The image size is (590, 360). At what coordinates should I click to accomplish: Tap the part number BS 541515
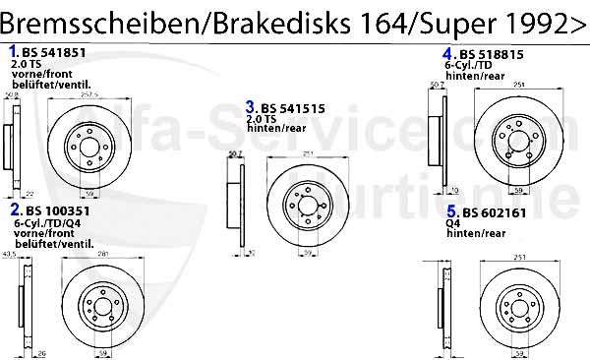click(288, 107)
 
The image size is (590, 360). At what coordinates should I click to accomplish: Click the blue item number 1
click(13, 49)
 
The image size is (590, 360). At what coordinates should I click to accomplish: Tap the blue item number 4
click(446, 53)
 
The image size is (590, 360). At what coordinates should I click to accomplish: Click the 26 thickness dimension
click(40, 352)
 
